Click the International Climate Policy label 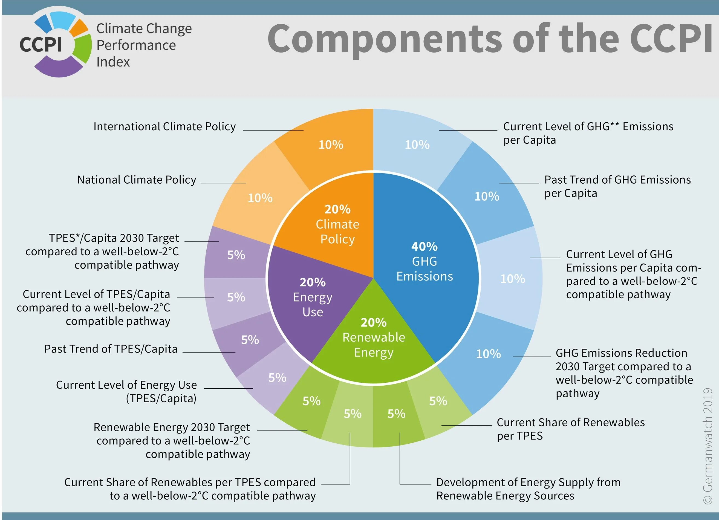click(x=164, y=126)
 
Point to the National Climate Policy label click(x=137, y=180)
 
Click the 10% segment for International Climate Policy click(x=331, y=145)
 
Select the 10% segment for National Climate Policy click(x=260, y=198)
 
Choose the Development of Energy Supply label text click(x=528, y=489)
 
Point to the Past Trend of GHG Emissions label click(x=617, y=186)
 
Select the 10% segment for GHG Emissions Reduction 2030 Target click(x=488, y=354)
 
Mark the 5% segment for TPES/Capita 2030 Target click(x=236, y=255)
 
